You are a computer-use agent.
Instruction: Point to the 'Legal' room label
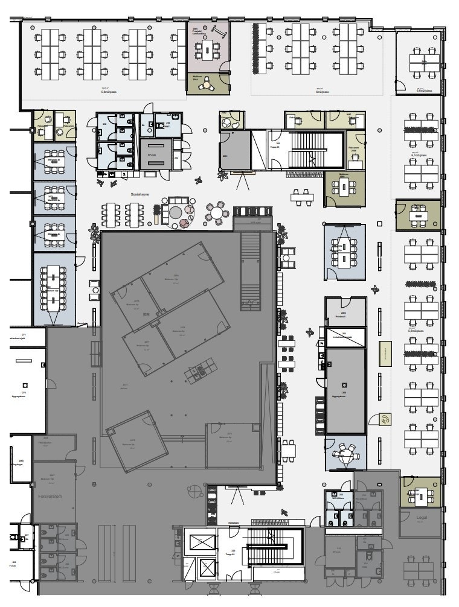click(422, 518)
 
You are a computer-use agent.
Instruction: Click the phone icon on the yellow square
click(385, 418)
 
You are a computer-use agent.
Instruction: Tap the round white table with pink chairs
click(217, 212)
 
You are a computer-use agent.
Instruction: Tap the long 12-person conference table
click(54, 286)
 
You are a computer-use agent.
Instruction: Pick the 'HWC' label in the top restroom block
click(167, 127)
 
